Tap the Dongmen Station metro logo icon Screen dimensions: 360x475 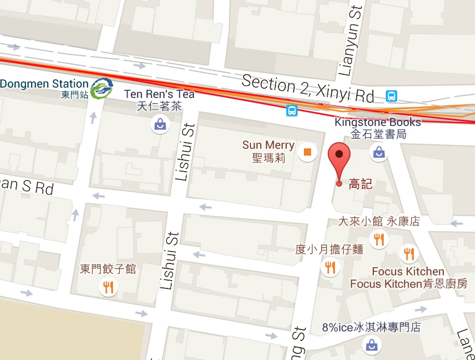(x=101, y=88)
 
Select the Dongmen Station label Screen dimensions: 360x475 (x=45, y=84)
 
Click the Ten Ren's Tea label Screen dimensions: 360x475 (x=159, y=94)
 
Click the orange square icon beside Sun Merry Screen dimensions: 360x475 (x=308, y=152)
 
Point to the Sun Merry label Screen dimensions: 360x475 (x=268, y=145)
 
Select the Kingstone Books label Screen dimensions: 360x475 (x=378, y=123)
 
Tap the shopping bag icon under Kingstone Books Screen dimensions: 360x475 (x=379, y=152)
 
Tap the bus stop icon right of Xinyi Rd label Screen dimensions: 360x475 (x=392, y=96)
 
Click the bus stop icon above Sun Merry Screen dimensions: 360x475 (x=292, y=110)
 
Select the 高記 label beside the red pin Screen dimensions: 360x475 (x=360, y=184)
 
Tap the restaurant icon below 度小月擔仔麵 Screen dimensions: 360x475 (x=330, y=268)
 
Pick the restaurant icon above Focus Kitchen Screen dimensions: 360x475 (x=409, y=254)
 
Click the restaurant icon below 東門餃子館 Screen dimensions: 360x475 (x=108, y=287)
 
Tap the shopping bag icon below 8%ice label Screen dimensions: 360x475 (x=372, y=344)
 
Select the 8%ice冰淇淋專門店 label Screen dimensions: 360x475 (x=371, y=327)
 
